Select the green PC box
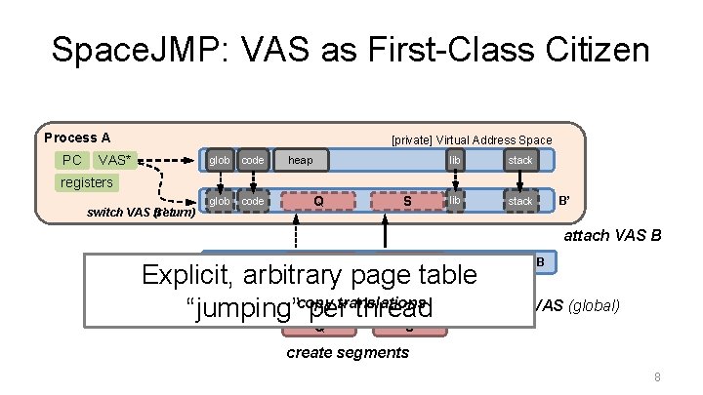click(71, 160)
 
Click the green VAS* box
click(117, 160)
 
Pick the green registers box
click(87, 182)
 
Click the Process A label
click(77, 138)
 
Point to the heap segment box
click(302, 160)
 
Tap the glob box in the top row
click(220, 160)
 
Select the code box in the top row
click(253, 160)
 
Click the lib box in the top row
click(455, 160)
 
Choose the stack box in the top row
click(520, 160)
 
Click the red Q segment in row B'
click(318, 201)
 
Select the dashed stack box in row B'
click(520, 201)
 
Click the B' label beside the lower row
click(564, 201)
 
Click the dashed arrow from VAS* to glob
click(170, 160)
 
